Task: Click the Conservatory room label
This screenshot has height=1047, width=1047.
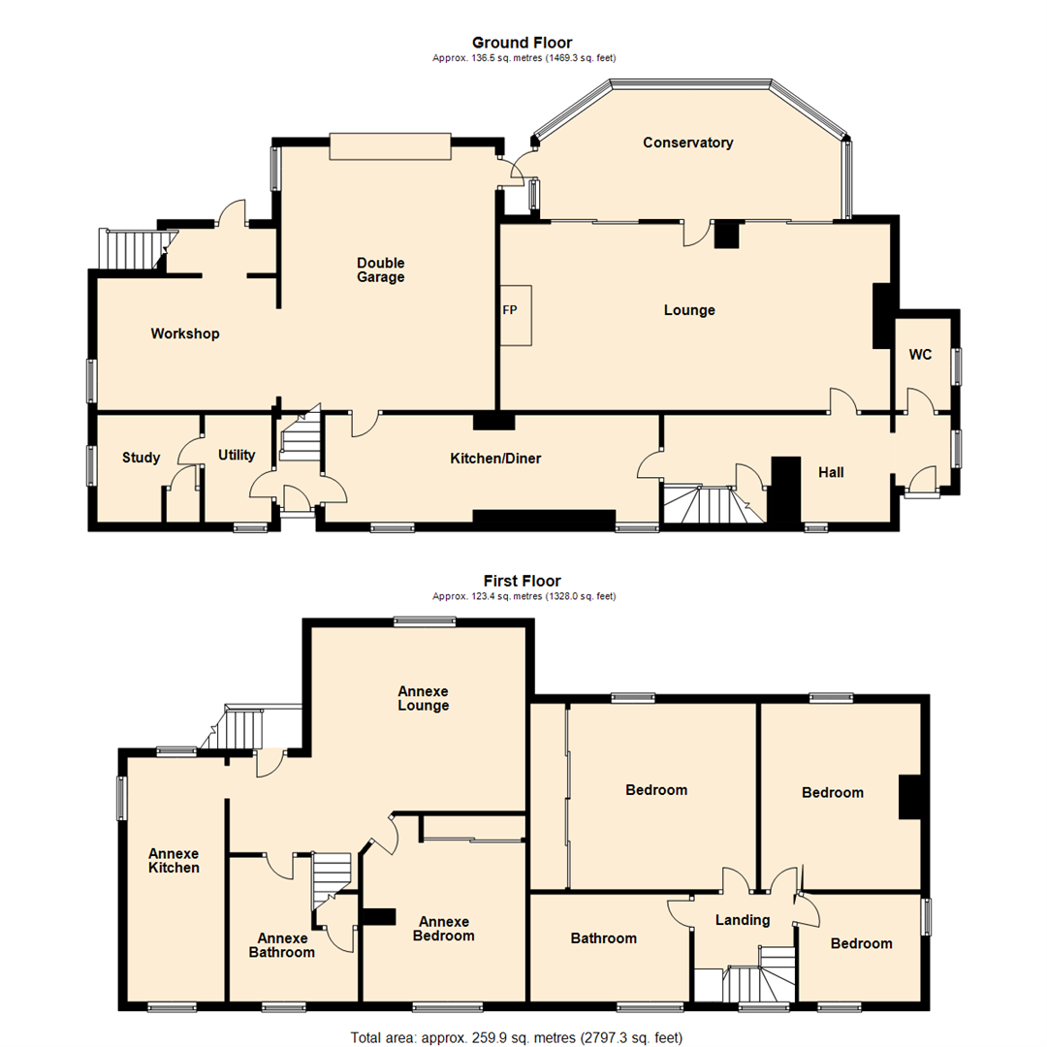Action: click(x=687, y=143)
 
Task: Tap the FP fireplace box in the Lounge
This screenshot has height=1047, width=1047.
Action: click(x=516, y=314)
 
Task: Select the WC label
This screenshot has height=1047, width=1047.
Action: click(x=920, y=355)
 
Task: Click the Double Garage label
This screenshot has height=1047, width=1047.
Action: click(x=380, y=270)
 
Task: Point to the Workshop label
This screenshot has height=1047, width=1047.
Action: click(x=185, y=333)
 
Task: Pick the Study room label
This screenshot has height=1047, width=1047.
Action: click(x=142, y=458)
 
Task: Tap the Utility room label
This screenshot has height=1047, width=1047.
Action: click(x=236, y=455)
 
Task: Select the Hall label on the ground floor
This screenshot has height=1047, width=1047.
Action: click(x=831, y=472)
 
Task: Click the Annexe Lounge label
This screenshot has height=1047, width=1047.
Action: click(x=423, y=698)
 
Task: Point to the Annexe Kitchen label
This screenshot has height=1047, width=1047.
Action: click(x=174, y=861)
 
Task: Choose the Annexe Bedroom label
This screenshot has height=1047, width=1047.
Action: click(x=444, y=929)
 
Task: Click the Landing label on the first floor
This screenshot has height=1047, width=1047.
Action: click(x=742, y=920)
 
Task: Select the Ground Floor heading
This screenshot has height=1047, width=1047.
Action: click(x=522, y=42)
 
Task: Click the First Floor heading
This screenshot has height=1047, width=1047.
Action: click(x=522, y=581)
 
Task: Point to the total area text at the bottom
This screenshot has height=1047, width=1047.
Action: click(x=522, y=1037)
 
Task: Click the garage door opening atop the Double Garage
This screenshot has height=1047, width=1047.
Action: click(x=390, y=145)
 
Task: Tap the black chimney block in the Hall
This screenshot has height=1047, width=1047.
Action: click(x=784, y=490)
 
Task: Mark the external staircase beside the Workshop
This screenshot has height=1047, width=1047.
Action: click(x=134, y=249)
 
